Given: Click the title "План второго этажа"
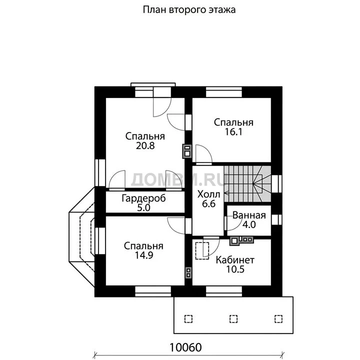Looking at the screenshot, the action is tap(189, 10).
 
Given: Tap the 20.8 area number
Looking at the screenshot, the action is tap(145, 145).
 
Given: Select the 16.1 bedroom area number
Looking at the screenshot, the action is tap(233, 132).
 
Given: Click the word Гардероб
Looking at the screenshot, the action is tap(143, 198).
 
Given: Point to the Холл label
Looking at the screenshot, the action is tap(208, 194).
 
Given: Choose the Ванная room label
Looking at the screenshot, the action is tap(249, 215).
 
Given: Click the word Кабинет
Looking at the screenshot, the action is tap(235, 260).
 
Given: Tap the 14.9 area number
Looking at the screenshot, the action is tap(143, 255).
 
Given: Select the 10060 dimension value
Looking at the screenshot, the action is tap(185, 347).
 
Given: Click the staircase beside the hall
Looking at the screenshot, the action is tap(247, 184).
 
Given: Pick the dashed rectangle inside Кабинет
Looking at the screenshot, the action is tap(202, 250).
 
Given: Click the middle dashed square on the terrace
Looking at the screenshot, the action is tap(233, 319).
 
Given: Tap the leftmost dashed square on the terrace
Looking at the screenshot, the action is tap(188, 319).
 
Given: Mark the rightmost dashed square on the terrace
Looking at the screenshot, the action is tap(278, 319).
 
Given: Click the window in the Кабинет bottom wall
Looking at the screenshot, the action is tap(224, 291).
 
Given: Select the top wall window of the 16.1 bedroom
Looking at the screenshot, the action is tap(224, 92).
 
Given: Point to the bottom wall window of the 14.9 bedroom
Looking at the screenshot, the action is tap(153, 291).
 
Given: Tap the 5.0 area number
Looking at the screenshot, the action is tap(143, 208).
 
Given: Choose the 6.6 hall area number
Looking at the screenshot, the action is tap(208, 203).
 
